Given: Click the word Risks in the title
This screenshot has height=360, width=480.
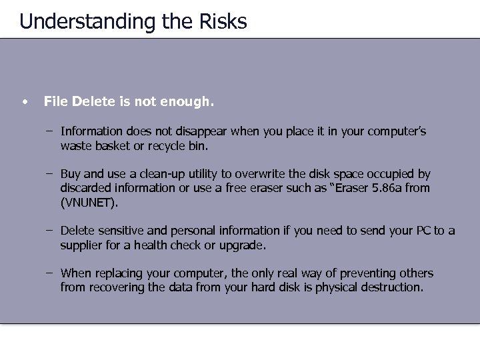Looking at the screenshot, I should pyautogui.click(x=223, y=21).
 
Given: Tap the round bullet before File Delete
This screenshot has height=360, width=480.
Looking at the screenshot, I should pyautogui.click(x=24, y=103).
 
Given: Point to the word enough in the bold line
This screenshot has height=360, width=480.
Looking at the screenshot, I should pyautogui.click(x=191, y=102).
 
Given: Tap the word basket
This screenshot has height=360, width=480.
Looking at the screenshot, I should pyautogui.click(x=109, y=145).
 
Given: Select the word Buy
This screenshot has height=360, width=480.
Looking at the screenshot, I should pyautogui.click(x=71, y=175).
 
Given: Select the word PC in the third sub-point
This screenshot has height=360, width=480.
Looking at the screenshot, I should pyautogui.click(x=423, y=231).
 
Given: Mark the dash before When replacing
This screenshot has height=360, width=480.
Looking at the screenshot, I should pyautogui.click(x=50, y=273).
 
